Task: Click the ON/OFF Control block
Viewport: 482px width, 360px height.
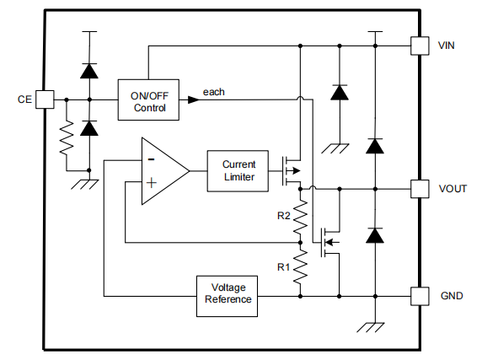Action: [x=148, y=99]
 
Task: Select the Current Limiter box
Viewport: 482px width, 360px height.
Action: [x=238, y=171]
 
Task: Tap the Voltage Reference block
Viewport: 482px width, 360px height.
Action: [x=227, y=296]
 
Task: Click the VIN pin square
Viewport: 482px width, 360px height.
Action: [x=420, y=46]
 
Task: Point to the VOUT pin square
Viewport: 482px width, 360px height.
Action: [x=420, y=189]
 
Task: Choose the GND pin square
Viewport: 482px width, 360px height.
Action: [x=420, y=297]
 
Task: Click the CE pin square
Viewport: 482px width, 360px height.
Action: [x=45, y=99]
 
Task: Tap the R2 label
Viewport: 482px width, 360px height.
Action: [x=283, y=216]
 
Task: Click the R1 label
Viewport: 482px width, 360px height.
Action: [x=283, y=267]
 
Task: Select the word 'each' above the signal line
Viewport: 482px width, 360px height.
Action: [x=214, y=92]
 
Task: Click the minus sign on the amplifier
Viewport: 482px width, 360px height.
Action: [x=151, y=159]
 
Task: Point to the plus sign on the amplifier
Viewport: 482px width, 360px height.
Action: [x=151, y=183]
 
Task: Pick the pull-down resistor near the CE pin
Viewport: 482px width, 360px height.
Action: [x=67, y=137]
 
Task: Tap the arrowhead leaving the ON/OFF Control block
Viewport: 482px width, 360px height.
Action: [x=193, y=99]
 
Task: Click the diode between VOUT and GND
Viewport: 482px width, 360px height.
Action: [x=375, y=235]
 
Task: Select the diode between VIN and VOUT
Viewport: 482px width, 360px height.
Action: [x=375, y=146]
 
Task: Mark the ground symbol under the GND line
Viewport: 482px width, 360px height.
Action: [x=371, y=327]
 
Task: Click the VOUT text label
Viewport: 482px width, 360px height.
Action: [x=453, y=189]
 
